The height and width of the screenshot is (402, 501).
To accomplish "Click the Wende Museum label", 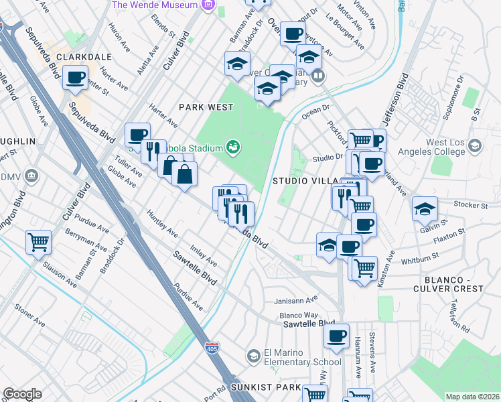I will click(x=157, y=5).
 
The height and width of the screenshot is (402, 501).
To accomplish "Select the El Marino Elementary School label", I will click(x=294, y=357).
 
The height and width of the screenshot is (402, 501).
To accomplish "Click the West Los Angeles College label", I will click(x=445, y=147).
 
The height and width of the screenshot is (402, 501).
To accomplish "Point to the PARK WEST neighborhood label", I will click(x=206, y=107).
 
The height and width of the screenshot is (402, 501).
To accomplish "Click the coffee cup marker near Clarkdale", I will click(x=75, y=77).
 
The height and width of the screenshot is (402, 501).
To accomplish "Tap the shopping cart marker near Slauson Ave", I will click(x=38, y=242).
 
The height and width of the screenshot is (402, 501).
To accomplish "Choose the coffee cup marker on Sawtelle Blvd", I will click(x=337, y=335).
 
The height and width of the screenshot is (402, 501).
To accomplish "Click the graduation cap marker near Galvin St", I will click(x=425, y=208).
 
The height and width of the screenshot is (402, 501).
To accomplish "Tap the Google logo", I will click(x=22, y=394).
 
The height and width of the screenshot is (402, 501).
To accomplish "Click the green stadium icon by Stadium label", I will click(x=233, y=145).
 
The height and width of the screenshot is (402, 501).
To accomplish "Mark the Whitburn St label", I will click(x=419, y=257).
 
